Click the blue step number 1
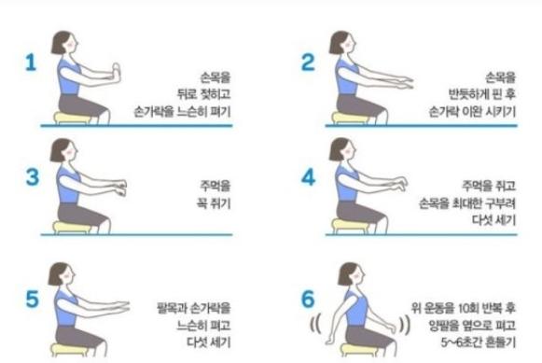[x=31, y=63]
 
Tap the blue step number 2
[x=308, y=63]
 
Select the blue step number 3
[x=33, y=177]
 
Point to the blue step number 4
[x=309, y=177]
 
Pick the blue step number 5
[x=32, y=299]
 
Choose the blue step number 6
[x=308, y=299]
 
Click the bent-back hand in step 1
[x=116, y=73]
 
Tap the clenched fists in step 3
[x=121, y=188]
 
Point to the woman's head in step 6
[x=350, y=273]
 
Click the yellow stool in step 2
[x=350, y=118]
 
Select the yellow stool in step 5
[x=69, y=350]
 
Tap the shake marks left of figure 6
[x=315, y=325]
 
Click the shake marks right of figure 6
[x=405, y=325]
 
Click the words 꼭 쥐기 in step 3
[x=214, y=203]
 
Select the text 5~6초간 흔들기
[x=478, y=342]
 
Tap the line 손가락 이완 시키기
[x=472, y=111]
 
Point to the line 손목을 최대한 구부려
[x=467, y=203]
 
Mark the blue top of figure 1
[x=68, y=77]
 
